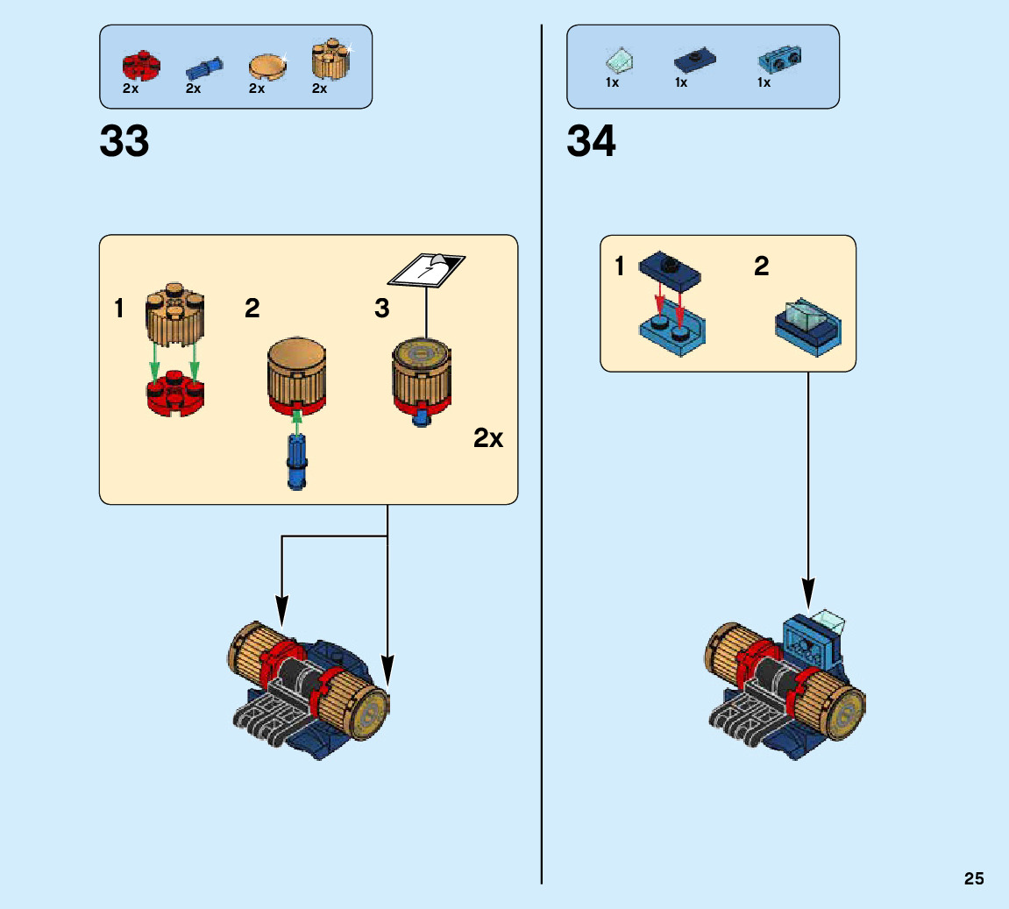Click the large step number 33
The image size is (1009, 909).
[x=124, y=141]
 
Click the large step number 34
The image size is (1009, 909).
[x=591, y=141]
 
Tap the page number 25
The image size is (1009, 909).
[x=974, y=879]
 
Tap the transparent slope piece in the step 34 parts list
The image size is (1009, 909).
[x=620, y=61]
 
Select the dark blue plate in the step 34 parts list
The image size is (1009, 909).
[x=695, y=60]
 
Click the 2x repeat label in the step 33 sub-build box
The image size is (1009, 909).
[x=488, y=437]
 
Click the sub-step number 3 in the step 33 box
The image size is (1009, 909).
[x=382, y=309]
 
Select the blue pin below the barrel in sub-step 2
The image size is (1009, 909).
[x=296, y=460]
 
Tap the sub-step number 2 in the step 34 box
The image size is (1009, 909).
[x=762, y=266]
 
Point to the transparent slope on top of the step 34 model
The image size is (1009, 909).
[x=826, y=622]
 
